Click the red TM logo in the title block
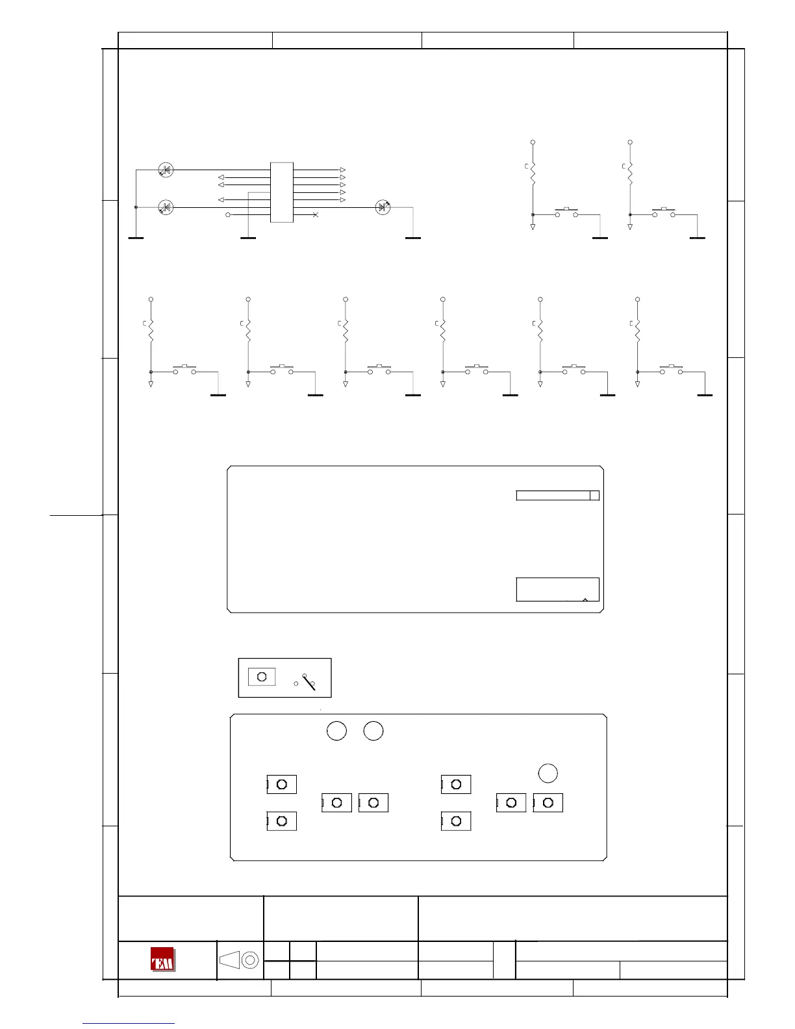pos(162,959)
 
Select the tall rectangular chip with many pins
pos(282,192)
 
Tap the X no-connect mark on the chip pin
pos(316,214)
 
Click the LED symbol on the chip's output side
pos(383,207)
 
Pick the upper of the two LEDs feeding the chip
pos(166,170)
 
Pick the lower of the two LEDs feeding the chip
pos(166,208)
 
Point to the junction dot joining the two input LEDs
pos(136,207)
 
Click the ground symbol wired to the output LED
pos(413,238)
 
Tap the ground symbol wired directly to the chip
pos(248,238)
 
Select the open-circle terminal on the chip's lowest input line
pos(227,214)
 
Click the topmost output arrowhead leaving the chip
pos(343,170)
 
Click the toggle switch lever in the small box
pos(309,681)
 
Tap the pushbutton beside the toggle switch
pos(262,676)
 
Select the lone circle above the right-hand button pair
pos(548,773)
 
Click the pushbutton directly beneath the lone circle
pos(548,803)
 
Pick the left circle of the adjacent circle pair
pos(336,731)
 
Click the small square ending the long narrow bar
pos(594,496)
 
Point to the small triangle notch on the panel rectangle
pos(585,600)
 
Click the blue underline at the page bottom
pos(129,1023)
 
